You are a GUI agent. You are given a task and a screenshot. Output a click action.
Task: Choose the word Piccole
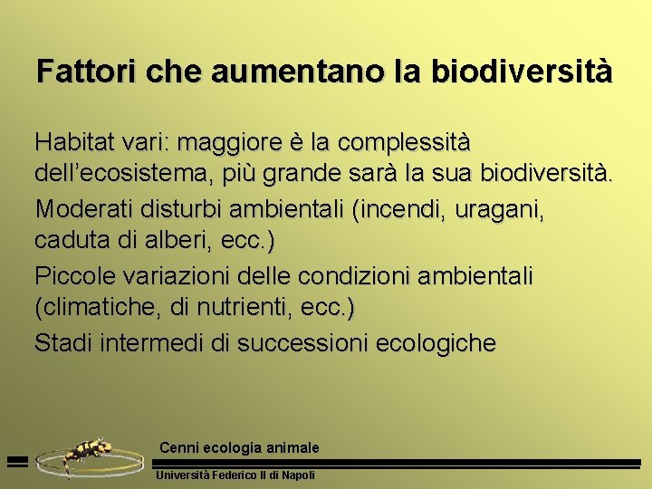click(x=75, y=274)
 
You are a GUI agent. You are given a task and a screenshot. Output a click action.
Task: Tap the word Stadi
click(x=63, y=343)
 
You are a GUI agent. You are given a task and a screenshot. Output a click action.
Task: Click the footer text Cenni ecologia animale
click(x=239, y=447)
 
